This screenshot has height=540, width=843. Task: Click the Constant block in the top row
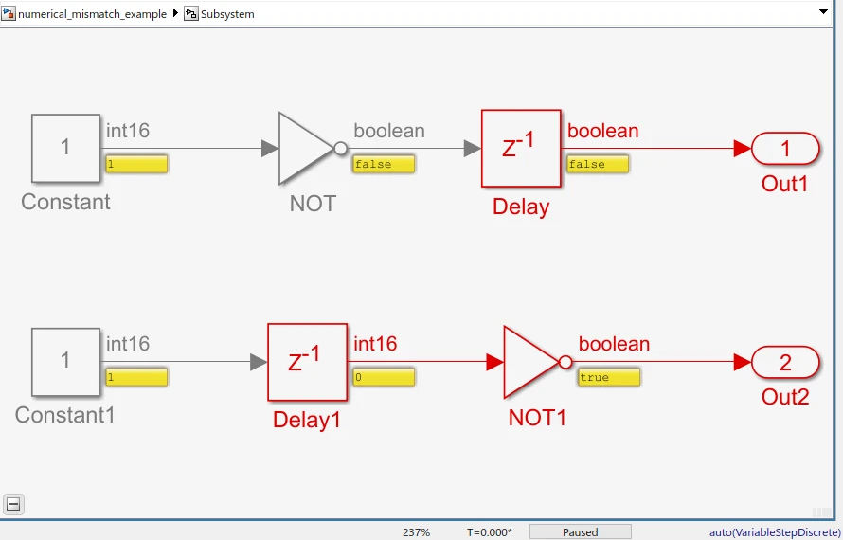(65, 148)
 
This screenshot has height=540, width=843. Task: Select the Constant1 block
(65, 361)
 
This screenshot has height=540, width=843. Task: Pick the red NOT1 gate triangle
(529, 362)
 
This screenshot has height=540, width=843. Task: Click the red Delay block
(520, 148)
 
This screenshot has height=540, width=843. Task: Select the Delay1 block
(306, 362)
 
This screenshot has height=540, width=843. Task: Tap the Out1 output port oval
(785, 149)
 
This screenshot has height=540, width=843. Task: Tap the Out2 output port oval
(785, 362)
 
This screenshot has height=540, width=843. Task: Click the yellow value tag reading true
(609, 377)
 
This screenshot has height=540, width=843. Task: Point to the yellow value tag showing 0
(384, 377)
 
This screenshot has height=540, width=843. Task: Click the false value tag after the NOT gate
(384, 164)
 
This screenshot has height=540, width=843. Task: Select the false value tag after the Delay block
(598, 164)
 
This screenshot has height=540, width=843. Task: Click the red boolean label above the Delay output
(602, 131)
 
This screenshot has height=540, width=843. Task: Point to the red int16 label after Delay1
(375, 344)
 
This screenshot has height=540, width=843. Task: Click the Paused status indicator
(580, 531)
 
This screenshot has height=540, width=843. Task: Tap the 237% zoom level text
(416, 532)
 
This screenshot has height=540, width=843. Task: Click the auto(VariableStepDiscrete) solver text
(775, 532)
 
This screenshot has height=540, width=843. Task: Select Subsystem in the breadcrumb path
(227, 14)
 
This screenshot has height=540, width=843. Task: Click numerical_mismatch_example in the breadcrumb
(92, 14)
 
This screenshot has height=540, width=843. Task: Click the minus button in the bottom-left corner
(13, 504)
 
